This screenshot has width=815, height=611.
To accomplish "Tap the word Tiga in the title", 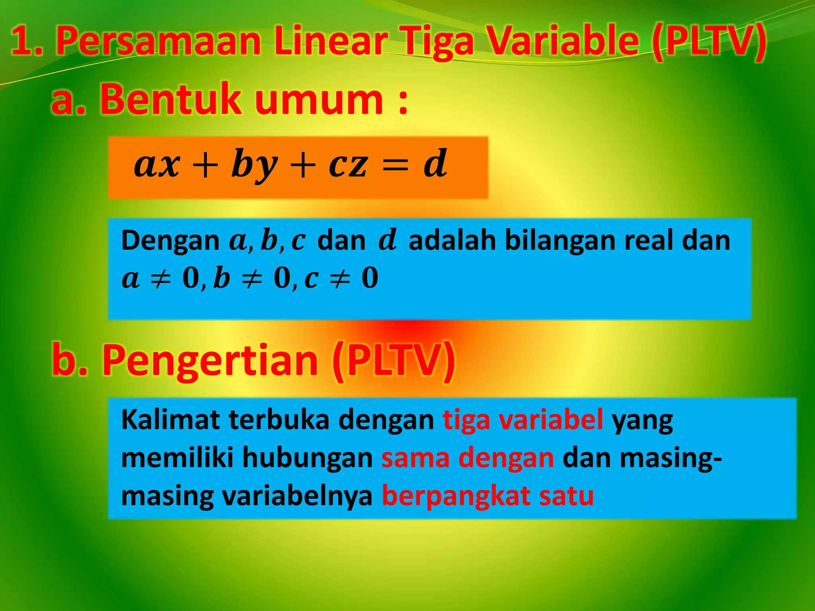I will point(437,41).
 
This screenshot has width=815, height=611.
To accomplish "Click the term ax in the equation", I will point(157,164).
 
